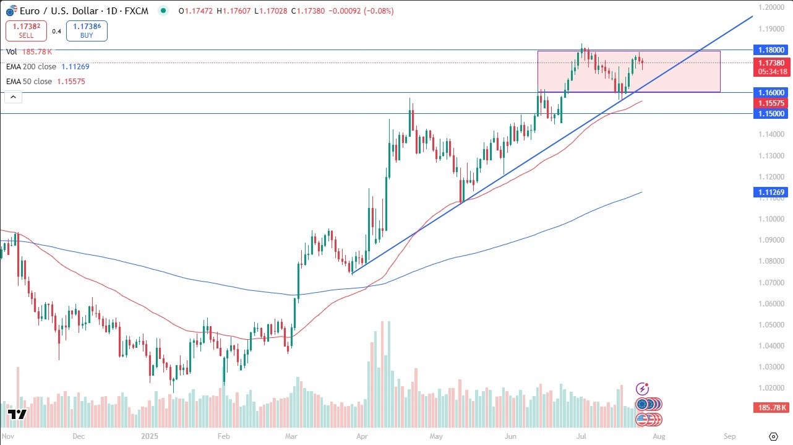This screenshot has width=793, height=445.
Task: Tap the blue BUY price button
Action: (87, 31)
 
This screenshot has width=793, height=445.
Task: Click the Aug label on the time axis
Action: (659, 436)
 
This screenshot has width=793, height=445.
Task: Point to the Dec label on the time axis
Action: (78, 436)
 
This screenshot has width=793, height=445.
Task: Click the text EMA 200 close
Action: (31, 66)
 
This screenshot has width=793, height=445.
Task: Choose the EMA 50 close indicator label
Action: (29, 81)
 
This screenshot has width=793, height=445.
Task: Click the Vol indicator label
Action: (12, 53)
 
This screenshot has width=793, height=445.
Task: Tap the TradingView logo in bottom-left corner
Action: (17, 415)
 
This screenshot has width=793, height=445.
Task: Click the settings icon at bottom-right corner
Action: (773, 436)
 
